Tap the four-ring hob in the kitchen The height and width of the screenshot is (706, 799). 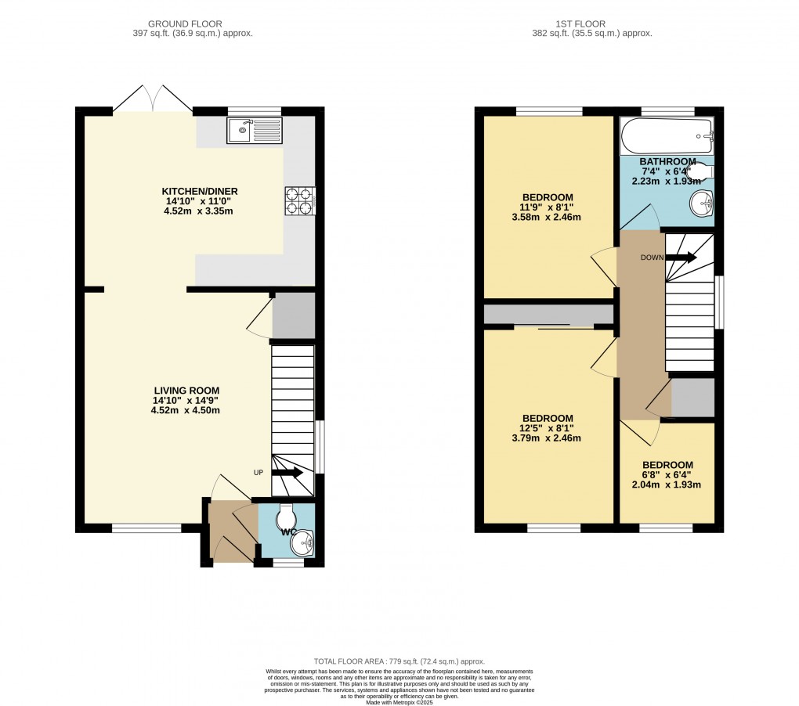(299, 200)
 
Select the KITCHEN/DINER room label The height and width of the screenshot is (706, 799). (199, 191)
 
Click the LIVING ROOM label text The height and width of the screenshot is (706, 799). (186, 391)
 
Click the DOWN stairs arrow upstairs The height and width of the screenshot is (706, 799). (681, 257)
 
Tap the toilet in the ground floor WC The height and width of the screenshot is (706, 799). (287, 517)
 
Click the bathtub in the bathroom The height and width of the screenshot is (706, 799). (666, 138)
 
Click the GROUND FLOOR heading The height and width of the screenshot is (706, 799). (193, 24)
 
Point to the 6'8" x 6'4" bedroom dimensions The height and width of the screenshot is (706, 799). (667, 475)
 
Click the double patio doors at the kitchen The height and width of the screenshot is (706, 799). (154, 99)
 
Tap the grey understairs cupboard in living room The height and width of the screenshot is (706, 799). (294, 315)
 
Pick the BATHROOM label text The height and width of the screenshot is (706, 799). (667, 162)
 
